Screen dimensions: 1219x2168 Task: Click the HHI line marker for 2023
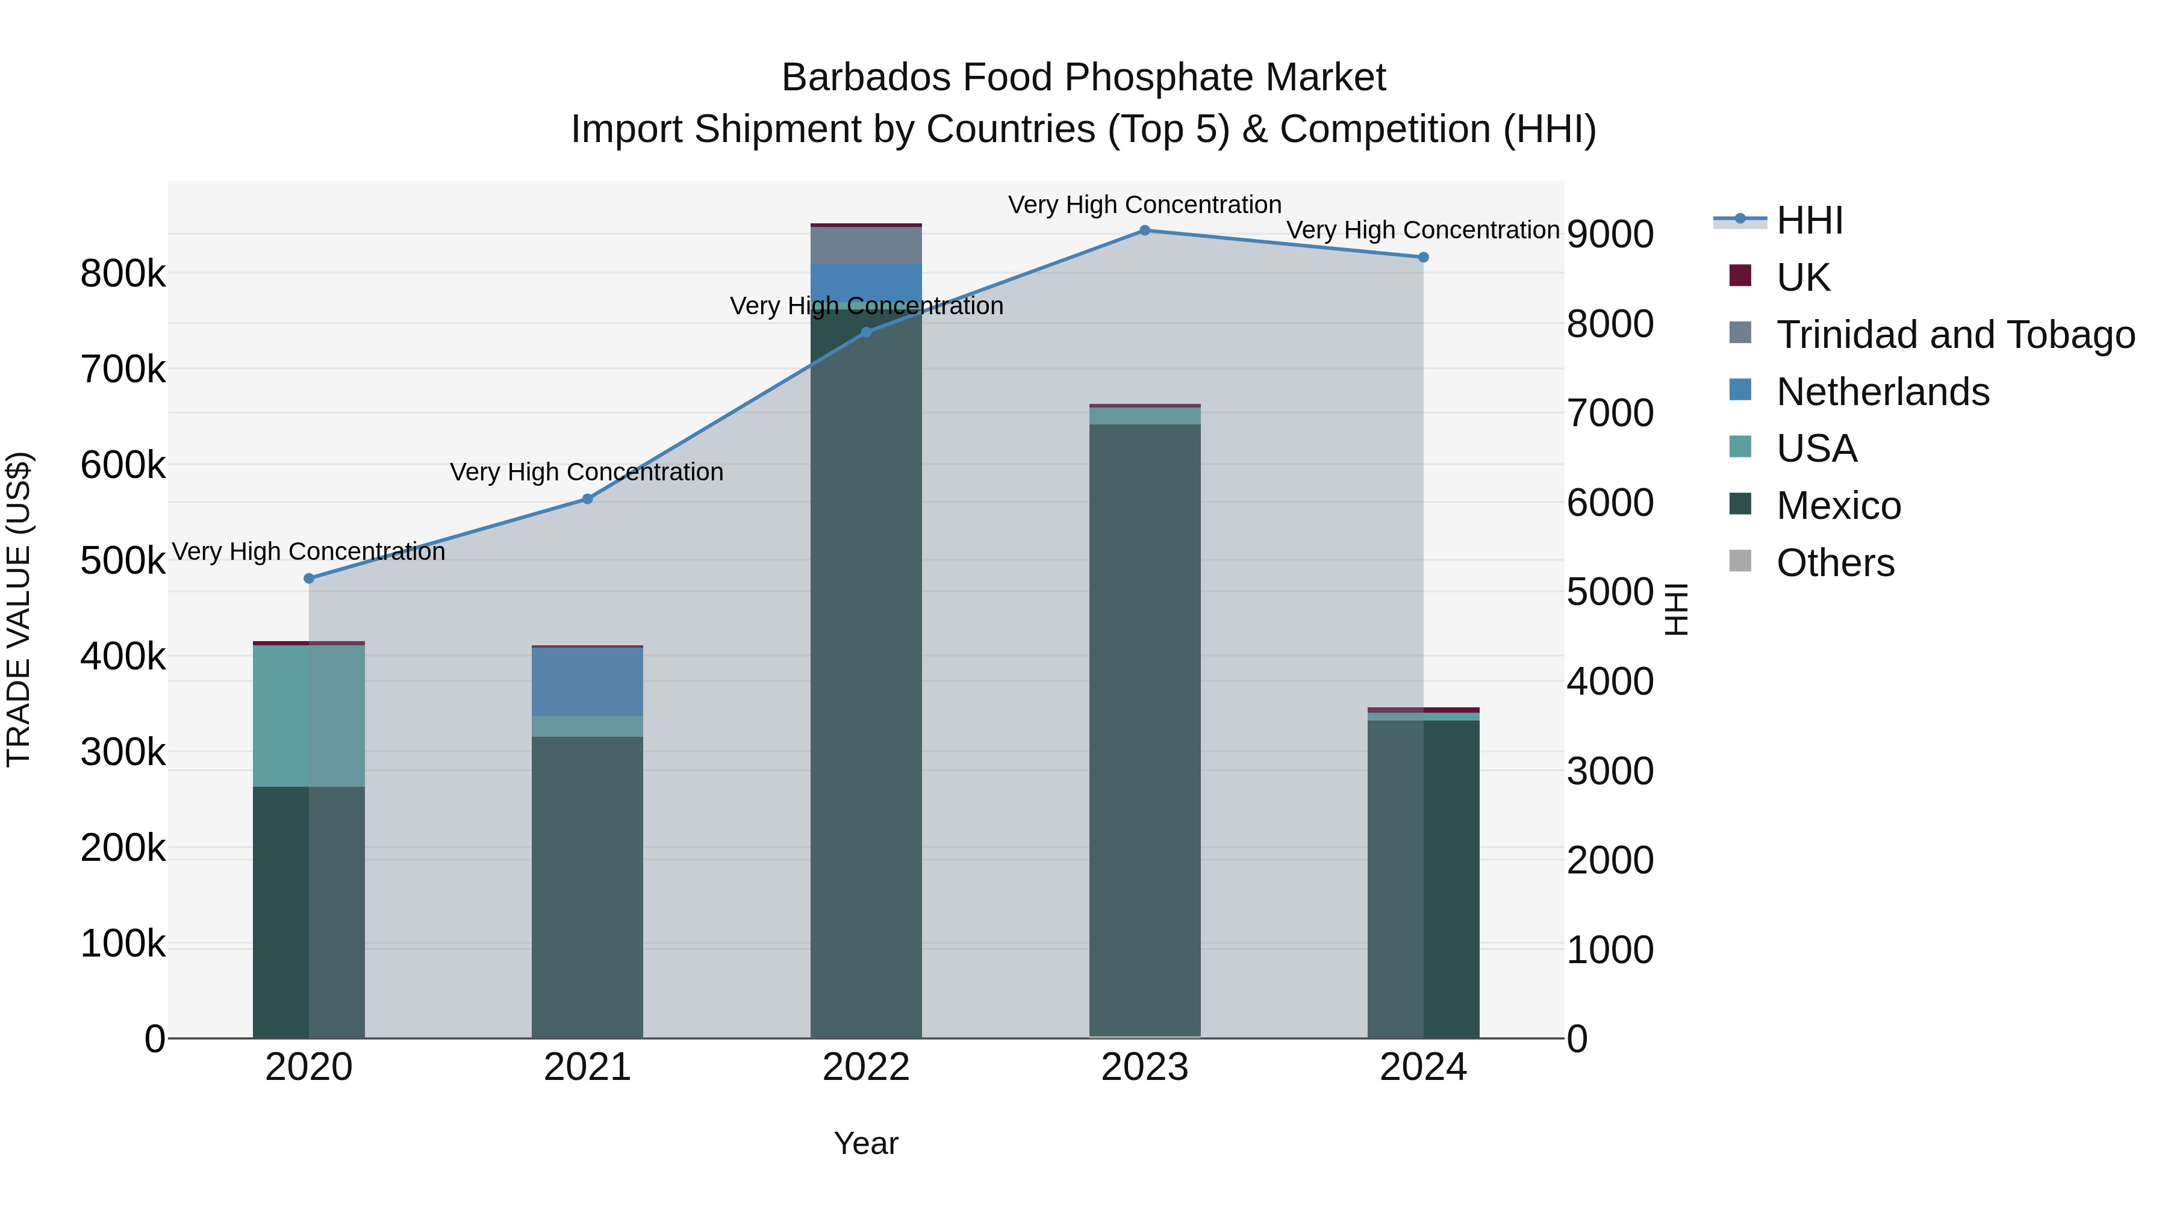tap(1145, 231)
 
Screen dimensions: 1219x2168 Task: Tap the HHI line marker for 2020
tap(309, 578)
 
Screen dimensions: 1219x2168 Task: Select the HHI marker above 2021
tap(587, 499)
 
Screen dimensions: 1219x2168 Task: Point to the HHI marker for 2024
tap(1423, 258)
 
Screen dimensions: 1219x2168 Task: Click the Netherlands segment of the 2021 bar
tap(587, 681)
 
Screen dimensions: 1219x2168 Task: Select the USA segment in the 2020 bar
tap(309, 716)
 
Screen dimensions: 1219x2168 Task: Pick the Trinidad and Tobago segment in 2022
tap(866, 245)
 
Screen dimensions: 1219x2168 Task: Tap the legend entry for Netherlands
tap(1882, 392)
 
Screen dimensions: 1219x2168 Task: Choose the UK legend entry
tap(1802, 278)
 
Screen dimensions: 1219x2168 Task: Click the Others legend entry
tap(1835, 563)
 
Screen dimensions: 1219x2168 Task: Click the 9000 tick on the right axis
tap(1609, 235)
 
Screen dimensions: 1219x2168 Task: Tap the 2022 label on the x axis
tap(866, 1067)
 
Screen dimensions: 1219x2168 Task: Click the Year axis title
tap(866, 1143)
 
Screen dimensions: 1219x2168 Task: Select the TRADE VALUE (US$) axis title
tap(19, 609)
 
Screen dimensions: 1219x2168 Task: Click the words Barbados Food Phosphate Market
tap(1083, 78)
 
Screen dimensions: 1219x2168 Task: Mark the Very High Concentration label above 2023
tap(1145, 205)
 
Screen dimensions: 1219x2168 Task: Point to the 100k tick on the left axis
tap(123, 944)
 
